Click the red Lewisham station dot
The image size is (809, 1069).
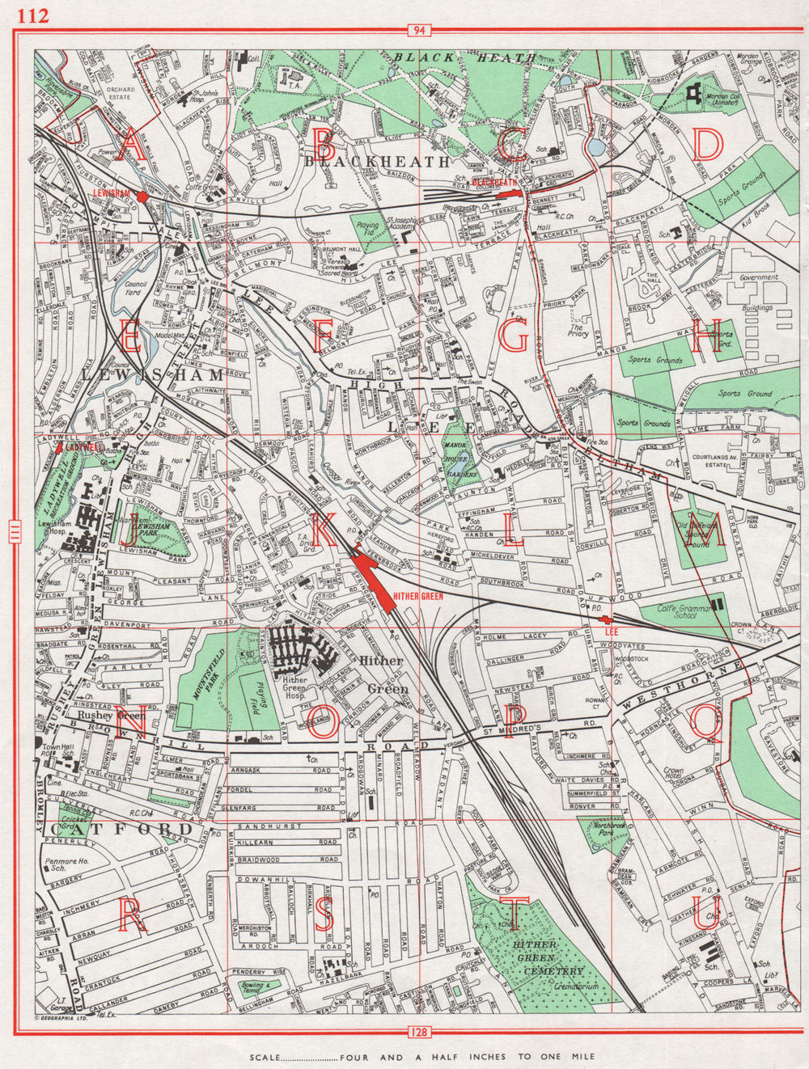(142, 196)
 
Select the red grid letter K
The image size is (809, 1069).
(321, 531)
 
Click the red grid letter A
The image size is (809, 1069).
(130, 146)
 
